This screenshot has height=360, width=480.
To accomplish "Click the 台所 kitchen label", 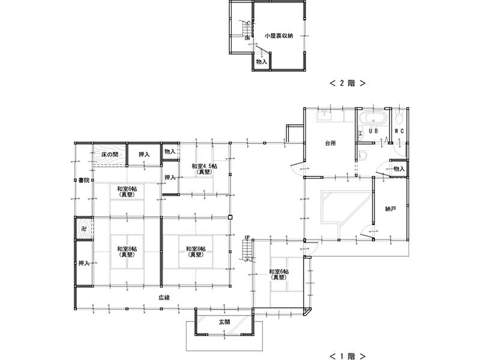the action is click(x=331, y=143).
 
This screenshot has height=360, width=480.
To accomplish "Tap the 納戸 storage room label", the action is click(x=391, y=209).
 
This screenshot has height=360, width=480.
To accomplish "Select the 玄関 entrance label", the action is click(x=224, y=322).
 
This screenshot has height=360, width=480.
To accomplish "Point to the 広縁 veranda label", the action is click(x=164, y=297).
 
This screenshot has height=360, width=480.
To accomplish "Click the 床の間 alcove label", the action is click(x=110, y=154).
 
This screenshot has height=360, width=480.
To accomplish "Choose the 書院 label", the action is click(x=84, y=181).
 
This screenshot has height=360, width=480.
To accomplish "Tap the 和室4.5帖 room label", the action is click(x=205, y=166).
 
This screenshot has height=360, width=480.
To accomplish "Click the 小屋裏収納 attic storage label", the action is click(x=278, y=36).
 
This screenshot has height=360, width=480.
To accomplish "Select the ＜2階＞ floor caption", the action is click(x=347, y=83).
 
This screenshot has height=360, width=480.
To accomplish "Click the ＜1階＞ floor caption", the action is click(x=347, y=356).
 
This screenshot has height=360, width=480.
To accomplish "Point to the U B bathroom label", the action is click(x=373, y=131).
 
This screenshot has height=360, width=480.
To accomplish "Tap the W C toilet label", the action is click(x=399, y=131).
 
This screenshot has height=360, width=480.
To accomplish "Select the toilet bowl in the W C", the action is click(x=399, y=116).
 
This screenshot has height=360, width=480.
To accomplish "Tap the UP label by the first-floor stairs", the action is click(x=247, y=237).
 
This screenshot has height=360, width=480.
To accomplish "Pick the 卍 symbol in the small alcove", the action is click(x=83, y=229).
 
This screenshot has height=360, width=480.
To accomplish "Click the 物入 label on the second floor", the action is click(x=262, y=62).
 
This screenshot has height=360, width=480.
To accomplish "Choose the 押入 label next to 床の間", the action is click(x=144, y=155).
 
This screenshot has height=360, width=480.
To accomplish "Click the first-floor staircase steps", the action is click(x=247, y=250).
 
